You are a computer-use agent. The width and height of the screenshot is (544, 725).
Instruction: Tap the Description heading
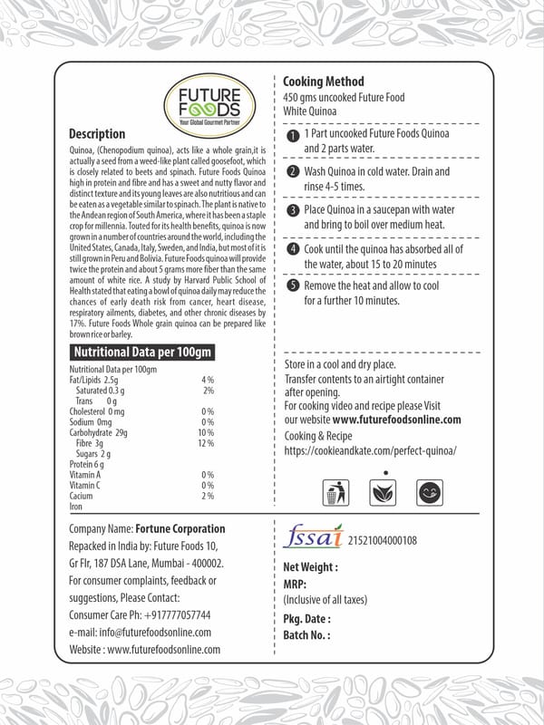(97, 134)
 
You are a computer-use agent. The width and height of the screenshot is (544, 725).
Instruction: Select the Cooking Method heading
(324, 82)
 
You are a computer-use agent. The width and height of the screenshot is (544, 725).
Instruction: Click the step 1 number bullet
(292, 136)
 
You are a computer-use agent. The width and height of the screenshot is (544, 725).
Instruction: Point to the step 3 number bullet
(292, 211)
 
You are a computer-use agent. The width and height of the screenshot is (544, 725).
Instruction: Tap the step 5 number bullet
(292, 286)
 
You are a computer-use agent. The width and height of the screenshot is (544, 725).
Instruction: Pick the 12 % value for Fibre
(206, 444)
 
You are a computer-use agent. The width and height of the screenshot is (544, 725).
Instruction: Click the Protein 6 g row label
(88, 464)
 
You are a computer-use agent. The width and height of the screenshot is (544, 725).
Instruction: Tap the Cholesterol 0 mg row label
(96, 411)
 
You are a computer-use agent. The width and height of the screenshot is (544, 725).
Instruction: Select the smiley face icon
(429, 492)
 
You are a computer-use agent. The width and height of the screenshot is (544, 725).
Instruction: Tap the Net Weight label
(310, 567)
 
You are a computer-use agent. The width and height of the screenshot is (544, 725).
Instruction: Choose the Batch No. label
(306, 635)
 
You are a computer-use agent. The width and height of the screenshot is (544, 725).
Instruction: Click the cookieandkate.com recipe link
(370, 450)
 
